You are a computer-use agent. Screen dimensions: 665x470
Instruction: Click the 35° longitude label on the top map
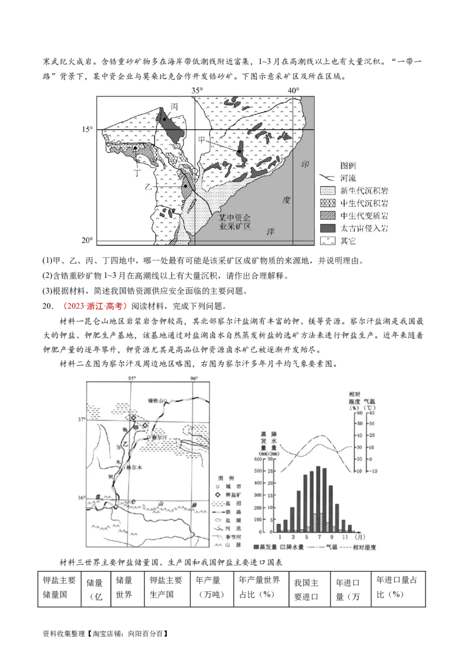pos(196,90)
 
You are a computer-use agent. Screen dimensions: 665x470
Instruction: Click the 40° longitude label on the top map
pos(293,90)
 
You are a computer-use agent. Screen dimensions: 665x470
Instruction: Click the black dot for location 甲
pos(240,152)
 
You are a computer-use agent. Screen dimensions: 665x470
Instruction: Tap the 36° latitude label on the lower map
pos(80,498)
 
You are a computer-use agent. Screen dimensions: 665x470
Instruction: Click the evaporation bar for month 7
pos(318,499)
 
